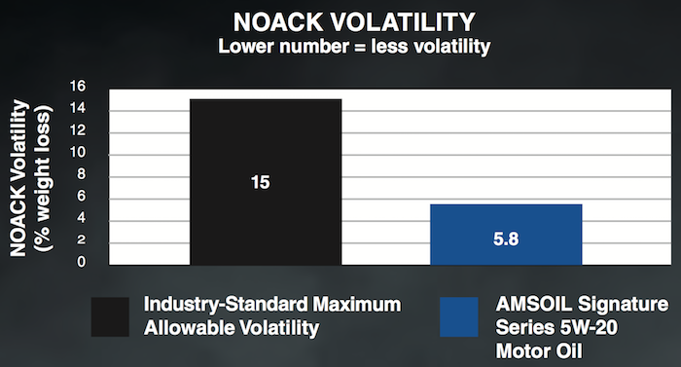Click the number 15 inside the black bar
point(260,182)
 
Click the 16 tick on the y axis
point(79,88)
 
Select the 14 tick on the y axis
point(79,109)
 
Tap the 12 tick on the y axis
point(79,131)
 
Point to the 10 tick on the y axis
point(79,153)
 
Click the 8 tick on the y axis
point(83,175)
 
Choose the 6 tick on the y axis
point(83,197)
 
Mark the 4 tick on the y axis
point(83,219)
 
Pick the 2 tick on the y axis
point(83,240)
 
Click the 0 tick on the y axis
point(83,262)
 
